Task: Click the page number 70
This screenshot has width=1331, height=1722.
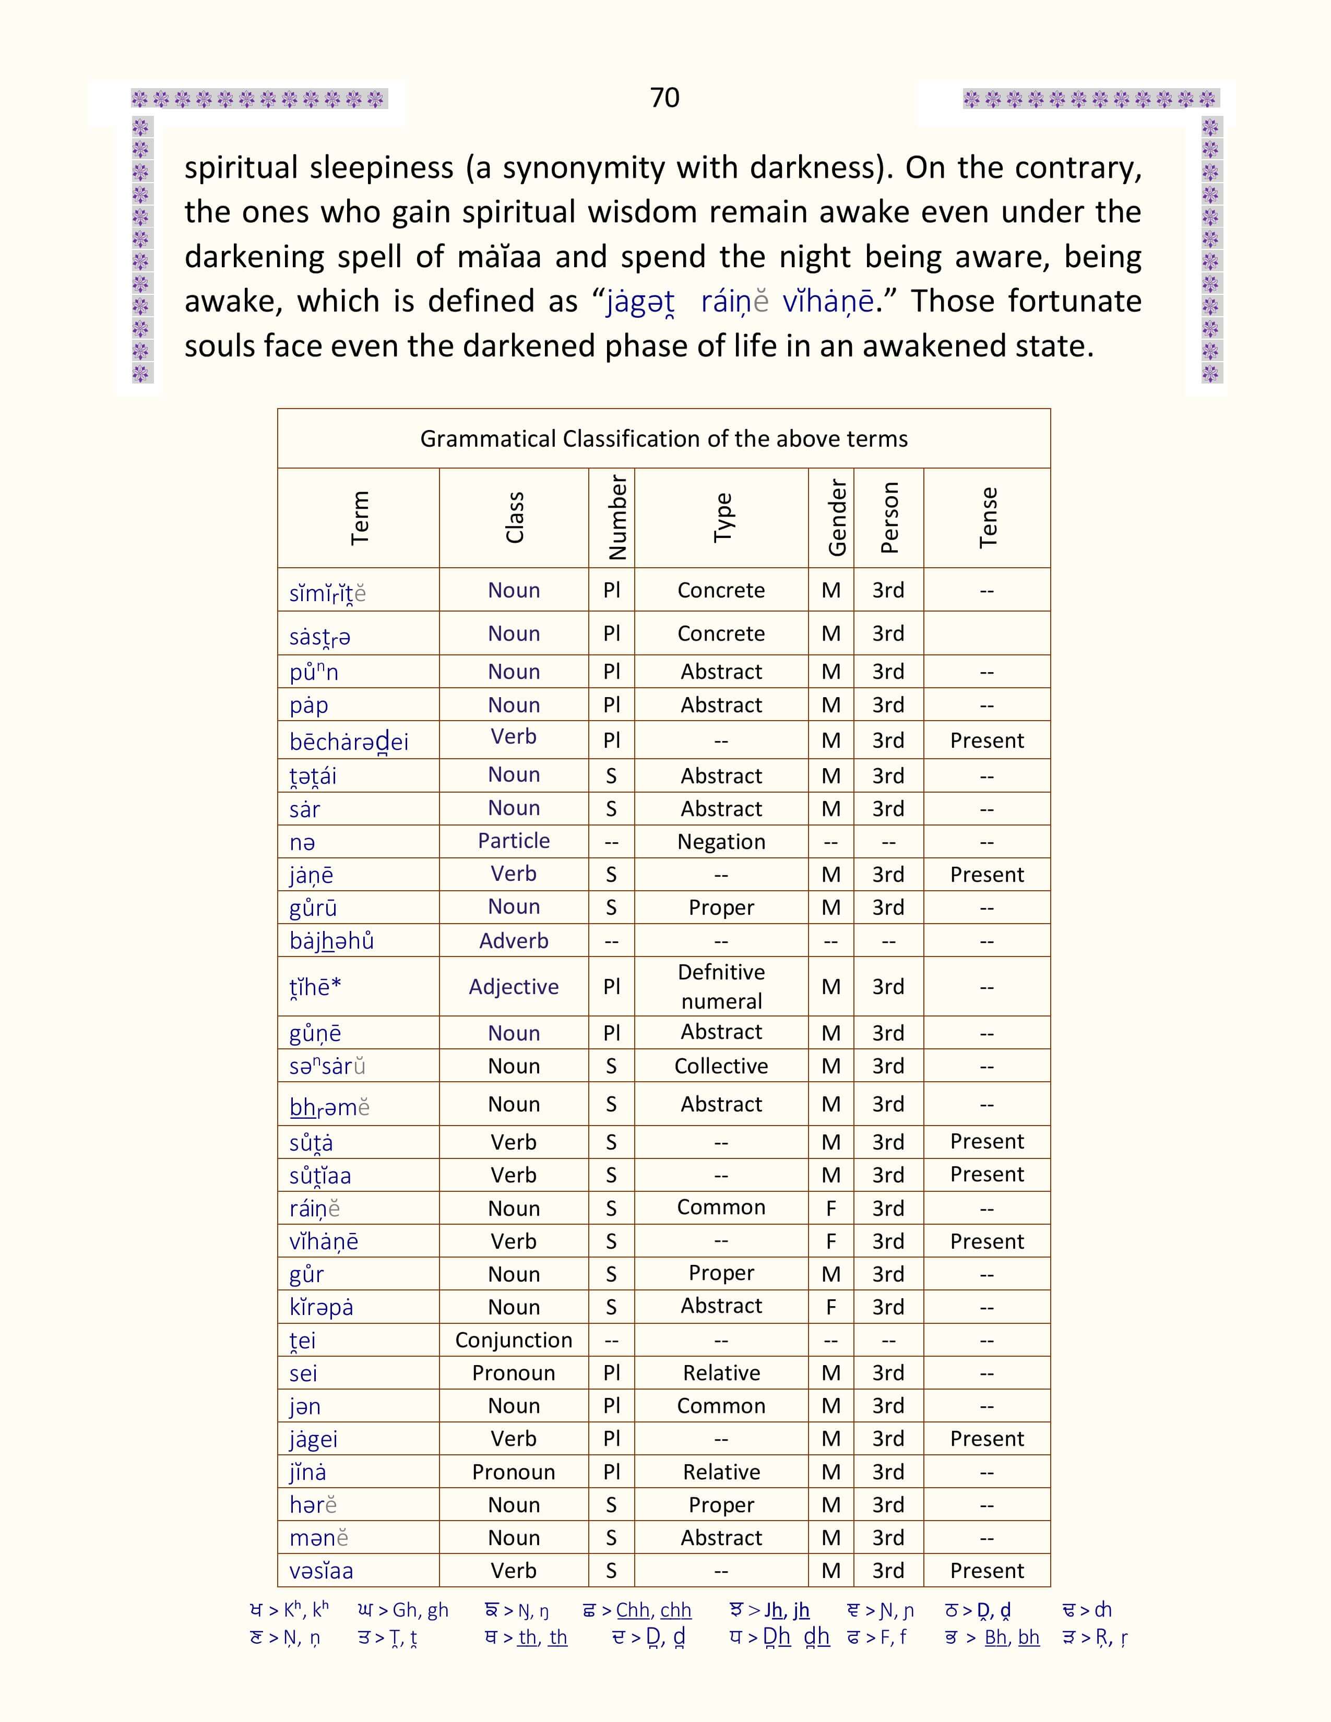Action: point(664,98)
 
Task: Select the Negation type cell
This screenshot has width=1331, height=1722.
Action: point(721,842)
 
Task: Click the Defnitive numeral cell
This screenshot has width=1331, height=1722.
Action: point(721,986)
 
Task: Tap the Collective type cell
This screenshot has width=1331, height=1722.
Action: point(721,1066)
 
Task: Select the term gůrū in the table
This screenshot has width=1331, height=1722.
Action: point(313,908)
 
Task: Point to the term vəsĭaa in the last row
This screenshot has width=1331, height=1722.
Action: point(321,1571)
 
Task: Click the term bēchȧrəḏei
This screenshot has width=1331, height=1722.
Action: point(349,742)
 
